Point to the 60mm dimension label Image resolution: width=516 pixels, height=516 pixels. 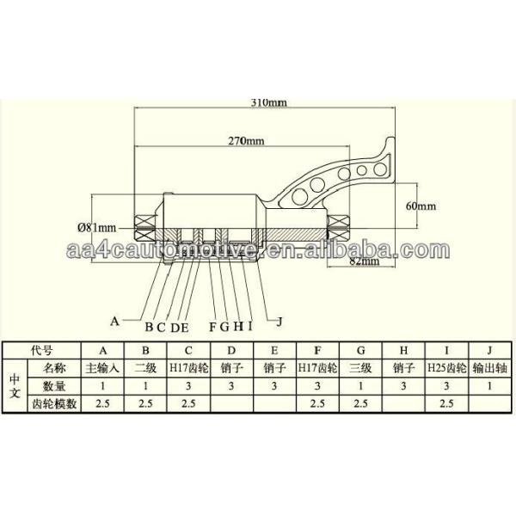click(422, 206)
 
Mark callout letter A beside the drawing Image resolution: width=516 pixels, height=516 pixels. click(114, 320)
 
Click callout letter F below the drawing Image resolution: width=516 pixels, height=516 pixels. click(212, 327)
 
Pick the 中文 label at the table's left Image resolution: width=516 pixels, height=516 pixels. click(14, 384)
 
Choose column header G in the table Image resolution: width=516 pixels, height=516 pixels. click(360, 351)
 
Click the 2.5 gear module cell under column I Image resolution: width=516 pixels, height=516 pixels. click(446, 402)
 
